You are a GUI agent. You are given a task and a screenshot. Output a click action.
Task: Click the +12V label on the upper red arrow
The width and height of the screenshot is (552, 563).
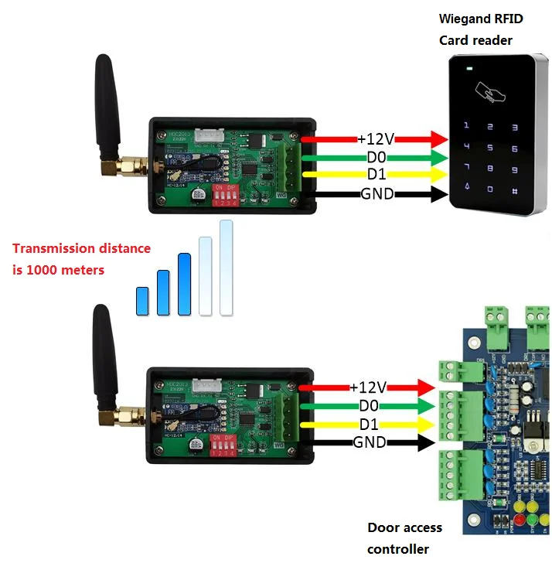[x=376, y=138]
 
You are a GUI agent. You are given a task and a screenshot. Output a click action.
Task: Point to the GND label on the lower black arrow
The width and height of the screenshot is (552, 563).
[x=370, y=442]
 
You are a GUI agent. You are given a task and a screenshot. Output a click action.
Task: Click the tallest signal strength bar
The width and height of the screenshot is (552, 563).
[x=226, y=268]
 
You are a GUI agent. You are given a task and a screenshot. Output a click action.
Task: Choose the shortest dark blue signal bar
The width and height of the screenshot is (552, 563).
[x=141, y=301]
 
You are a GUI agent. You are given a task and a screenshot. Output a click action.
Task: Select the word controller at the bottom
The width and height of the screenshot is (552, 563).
[x=397, y=548]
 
